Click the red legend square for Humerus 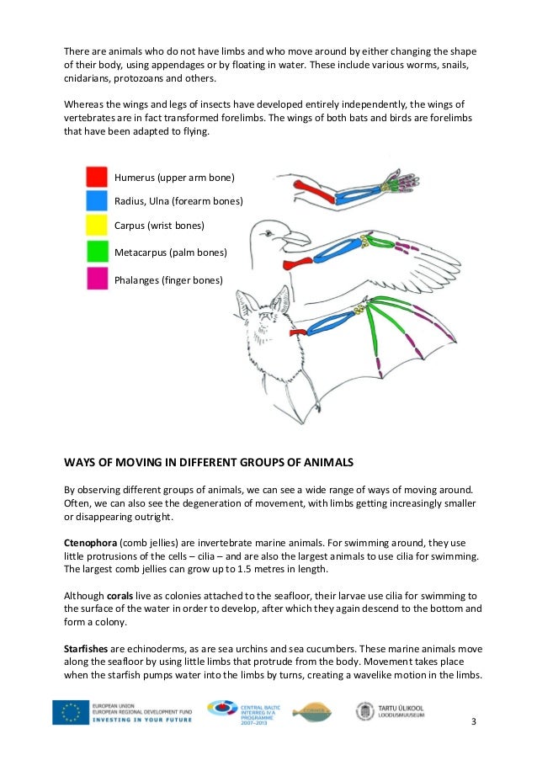click(97, 176)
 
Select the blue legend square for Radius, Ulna click(97, 200)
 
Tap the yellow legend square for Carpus click(97, 226)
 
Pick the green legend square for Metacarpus click(97, 251)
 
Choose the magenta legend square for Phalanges click(97, 277)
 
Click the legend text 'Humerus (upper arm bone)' click(174, 178)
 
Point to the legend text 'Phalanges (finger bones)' click(168, 279)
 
